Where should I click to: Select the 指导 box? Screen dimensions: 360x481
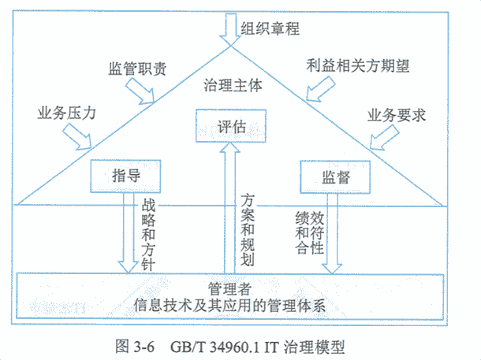[x=125, y=176]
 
